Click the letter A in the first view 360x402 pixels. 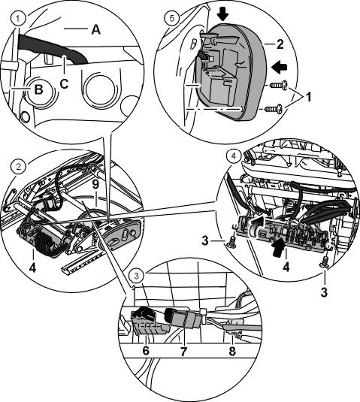pyautogui.click(x=96, y=30)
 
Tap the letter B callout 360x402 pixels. pyautogui.click(x=38, y=89)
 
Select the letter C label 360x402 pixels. pyautogui.click(x=64, y=83)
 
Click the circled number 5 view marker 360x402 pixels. pyautogui.click(x=171, y=18)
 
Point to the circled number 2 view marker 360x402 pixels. pyautogui.click(x=19, y=167)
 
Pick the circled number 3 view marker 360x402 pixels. pyautogui.click(x=137, y=276)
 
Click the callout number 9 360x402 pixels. pyautogui.click(x=96, y=186)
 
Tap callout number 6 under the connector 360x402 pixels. pyautogui.click(x=146, y=350)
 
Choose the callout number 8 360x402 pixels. pyautogui.click(x=232, y=351)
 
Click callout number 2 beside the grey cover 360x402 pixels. pyautogui.click(x=280, y=44)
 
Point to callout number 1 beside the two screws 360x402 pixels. pyautogui.click(x=308, y=97)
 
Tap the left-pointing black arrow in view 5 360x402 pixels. pyautogui.click(x=280, y=68)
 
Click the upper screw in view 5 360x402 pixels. pyautogui.click(x=277, y=85)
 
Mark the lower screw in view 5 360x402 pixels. pyautogui.click(x=274, y=109)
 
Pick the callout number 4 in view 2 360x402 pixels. pyautogui.click(x=32, y=267)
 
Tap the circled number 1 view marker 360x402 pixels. pyautogui.click(x=17, y=19)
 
